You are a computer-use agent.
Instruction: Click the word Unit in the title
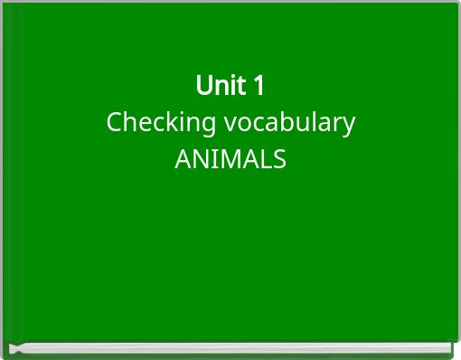click(x=219, y=86)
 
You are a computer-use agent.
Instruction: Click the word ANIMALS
click(x=230, y=160)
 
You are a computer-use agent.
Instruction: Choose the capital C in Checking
click(x=114, y=122)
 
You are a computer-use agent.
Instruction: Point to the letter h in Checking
click(x=128, y=122)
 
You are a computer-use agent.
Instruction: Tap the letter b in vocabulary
click(x=287, y=122)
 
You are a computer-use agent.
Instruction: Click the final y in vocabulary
click(x=350, y=125)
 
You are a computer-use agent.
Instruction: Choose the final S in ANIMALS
click(x=279, y=160)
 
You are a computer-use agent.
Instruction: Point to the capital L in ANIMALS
click(x=266, y=160)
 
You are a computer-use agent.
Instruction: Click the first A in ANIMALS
click(x=182, y=160)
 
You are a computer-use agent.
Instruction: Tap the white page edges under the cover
click(x=230, y=348)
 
